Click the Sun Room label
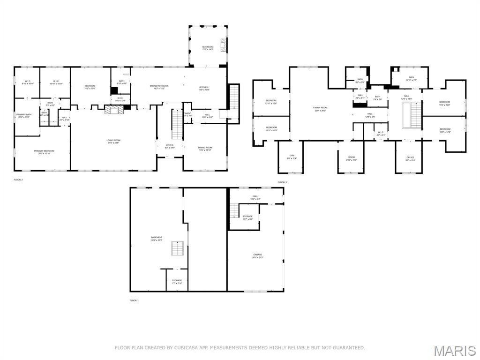click(208, 48)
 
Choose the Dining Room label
click(205, 149)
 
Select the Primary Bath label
click(23, 116)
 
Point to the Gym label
click(292, 157)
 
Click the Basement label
click(157, 239)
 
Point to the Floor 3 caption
click(282, 182)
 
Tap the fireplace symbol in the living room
click(113, 110)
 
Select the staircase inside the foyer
click(177, 124)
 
